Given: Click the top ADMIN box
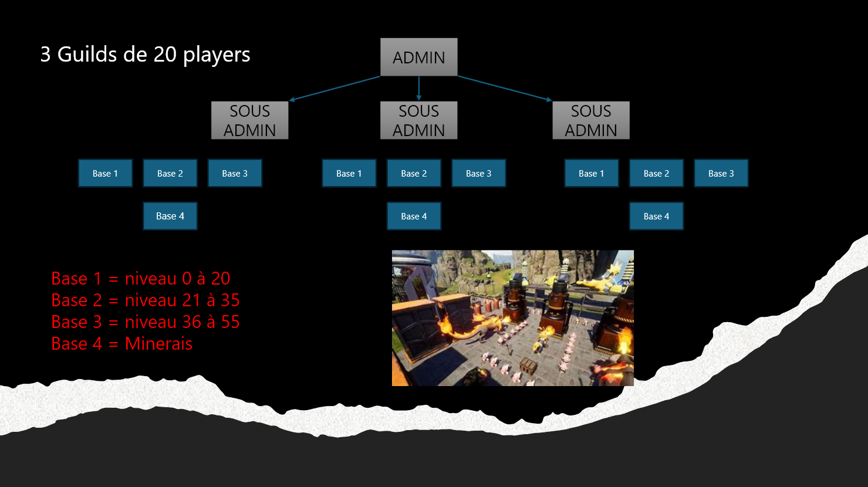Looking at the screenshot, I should (418, 58).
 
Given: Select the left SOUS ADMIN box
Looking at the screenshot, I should (249, 120).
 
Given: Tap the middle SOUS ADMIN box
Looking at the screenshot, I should (418, 120).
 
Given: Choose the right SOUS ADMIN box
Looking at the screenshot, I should (590, 120).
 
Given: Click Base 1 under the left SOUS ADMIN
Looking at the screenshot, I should (105, 173).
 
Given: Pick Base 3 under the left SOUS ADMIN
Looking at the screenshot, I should (235, 173).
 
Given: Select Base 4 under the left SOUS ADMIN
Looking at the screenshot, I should (170, 216).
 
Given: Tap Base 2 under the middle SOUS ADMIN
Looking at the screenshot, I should (414, 173).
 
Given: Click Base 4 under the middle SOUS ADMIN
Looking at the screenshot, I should (414, 216).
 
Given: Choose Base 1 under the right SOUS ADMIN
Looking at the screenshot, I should (591, 173).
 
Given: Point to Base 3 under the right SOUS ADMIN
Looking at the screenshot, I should (721, 173).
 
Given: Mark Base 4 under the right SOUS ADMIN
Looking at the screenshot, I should (656, 216).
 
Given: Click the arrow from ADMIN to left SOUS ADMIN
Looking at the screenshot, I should (335, 89).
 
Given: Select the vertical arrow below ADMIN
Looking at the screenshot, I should (418, 88).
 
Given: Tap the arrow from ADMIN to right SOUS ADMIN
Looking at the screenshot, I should (505, 89).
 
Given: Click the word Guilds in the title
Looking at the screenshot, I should (87, 54).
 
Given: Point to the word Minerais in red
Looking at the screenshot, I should (158, 343).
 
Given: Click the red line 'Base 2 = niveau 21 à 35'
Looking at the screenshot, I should (146, 300).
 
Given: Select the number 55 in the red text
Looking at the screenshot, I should (230, 322).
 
